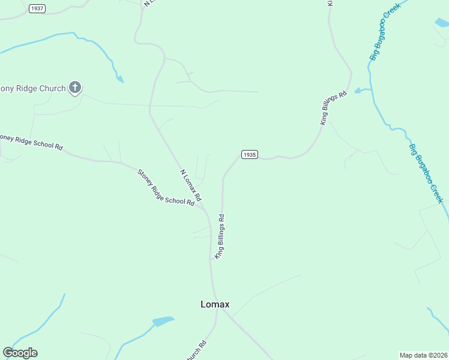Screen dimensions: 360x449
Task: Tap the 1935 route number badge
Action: (x=249, y=154)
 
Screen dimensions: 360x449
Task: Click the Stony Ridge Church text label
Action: (x=32, y=89)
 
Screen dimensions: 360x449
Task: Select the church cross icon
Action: (x=75, y=88)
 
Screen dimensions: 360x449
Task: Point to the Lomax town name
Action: (x=215, y=304)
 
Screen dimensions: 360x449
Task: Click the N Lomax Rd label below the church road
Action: (x=191, y=185)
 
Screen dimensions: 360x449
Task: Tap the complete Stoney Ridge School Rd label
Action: (x=166, y=188)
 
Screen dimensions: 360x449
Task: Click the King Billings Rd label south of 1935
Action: (x=220, y=237)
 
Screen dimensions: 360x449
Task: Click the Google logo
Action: (x=20, y=353)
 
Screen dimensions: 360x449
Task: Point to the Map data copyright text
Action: (x=424, y=355)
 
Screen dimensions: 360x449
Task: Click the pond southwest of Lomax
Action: (x=162, y=322)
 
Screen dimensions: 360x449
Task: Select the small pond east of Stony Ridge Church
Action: (x=120, y=79)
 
